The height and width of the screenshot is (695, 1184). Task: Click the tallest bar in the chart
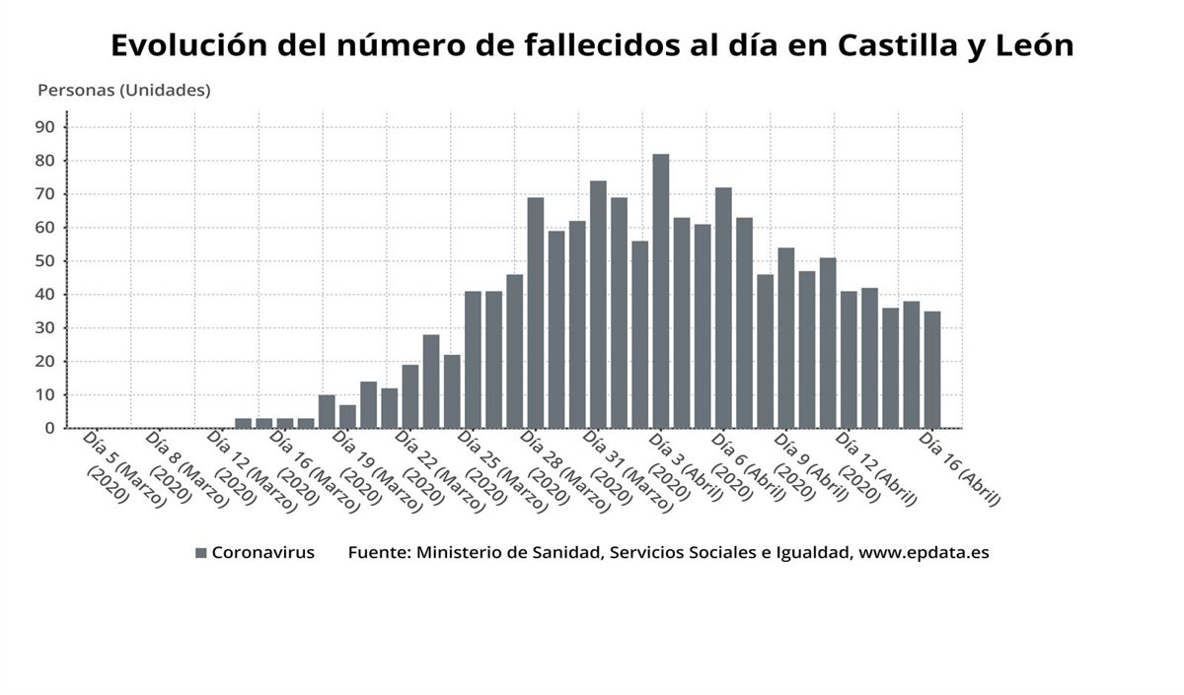tap(660, 291)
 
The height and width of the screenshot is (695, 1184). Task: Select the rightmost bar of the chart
tap(932, 370)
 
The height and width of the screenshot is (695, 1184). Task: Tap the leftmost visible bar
tap(243, 423)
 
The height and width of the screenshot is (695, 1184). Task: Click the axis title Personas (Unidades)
tap(124, 90)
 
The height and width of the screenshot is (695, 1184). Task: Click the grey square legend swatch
tap(201, 553)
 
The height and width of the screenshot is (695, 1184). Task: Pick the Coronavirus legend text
tap(263, 553)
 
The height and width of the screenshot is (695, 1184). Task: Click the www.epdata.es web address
tap(924, 553)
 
